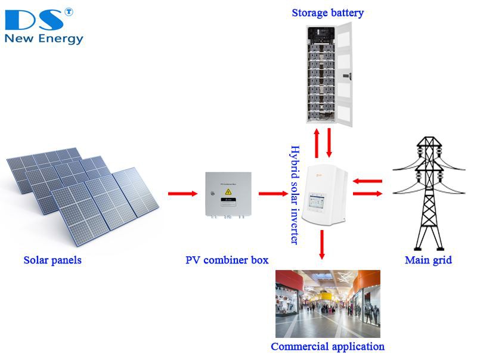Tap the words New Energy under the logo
tap(44, 39)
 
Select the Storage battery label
tap(327, 13)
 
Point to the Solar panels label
tap(52, 260)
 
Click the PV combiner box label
tap(227, 260)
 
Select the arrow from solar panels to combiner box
tap(182, 193)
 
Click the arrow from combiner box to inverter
tap(273, 193)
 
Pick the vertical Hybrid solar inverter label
tap(293, 194)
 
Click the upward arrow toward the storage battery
tap(317, 140)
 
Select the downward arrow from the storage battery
tap(329, 140)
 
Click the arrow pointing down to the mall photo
tap(322, 244)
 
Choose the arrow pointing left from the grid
tap(367, 181)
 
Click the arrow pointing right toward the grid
tap(367, 193)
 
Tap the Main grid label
tap(428, 260)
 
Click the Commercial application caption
tap(327, 346)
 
